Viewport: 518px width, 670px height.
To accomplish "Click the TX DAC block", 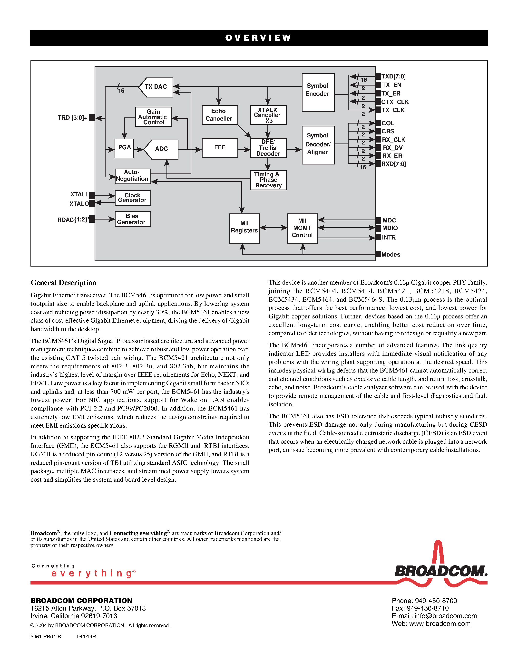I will coord(156,87).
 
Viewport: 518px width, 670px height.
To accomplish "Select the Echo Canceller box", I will coord(219,115).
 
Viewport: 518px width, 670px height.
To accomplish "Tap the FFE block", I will coord(219,148).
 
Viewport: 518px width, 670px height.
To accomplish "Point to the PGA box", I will coord(124,148).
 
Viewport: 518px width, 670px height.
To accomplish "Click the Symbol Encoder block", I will coord(318,92).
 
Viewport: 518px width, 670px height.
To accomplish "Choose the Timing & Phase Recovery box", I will coord(268,180).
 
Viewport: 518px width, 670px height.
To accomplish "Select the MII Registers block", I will coord(244,229).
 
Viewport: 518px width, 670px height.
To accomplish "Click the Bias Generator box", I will coord(133,219).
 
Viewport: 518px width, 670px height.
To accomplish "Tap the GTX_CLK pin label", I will coord(395,102).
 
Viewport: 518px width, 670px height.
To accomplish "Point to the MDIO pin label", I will coord(390,228).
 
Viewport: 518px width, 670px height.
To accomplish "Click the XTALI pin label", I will coord(78,194).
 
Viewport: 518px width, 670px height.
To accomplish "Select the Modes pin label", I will coord(391,254).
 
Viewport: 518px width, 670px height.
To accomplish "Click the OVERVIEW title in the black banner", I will coord(258,38).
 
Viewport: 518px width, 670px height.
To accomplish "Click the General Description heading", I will coord(64,283).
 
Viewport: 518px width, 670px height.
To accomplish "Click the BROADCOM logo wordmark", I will coord(440,572).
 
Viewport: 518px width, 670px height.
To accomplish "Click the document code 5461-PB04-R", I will coord(46,637).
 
